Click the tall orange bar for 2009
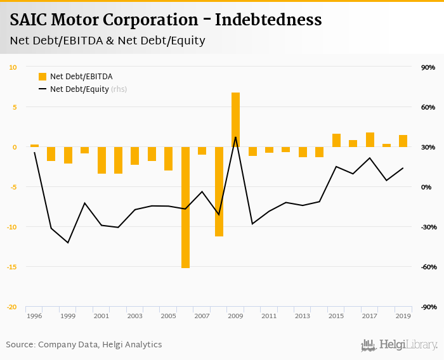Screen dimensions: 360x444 coord(235,120)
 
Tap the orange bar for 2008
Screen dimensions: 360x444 coord(219,191)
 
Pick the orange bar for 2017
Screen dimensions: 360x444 coord(370,139)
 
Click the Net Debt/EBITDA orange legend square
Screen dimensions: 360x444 coord(42,77)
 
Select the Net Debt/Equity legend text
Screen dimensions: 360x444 coord(79,89)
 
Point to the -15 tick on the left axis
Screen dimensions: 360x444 coord(13,267)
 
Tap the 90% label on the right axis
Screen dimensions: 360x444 coord(428,67)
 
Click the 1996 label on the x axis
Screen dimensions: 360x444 coord(34,316)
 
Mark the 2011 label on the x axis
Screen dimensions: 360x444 coord(269,316)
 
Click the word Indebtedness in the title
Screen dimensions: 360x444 coord(268,20)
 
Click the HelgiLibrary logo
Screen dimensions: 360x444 coord(400,345)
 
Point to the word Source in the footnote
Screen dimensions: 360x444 coord(20,345)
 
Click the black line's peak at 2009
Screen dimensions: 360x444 coord(235,137)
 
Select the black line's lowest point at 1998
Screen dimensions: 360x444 coord(68,243)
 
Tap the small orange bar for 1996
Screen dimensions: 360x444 coord(34,146)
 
